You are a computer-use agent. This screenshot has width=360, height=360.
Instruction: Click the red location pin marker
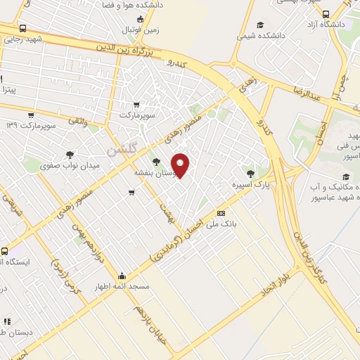click(181, 165)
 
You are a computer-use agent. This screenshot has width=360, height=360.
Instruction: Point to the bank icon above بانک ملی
click(221, 213)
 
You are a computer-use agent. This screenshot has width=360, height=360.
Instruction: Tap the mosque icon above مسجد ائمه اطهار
click(122, 276)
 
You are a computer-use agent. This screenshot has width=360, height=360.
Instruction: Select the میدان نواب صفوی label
click(77, 165)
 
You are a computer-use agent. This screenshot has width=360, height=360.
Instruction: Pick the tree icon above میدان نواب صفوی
click(69, 155)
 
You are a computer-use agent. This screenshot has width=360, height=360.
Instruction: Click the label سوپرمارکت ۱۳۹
click(30, 125)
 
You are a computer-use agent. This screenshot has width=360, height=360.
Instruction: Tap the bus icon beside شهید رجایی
click(22, 29)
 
